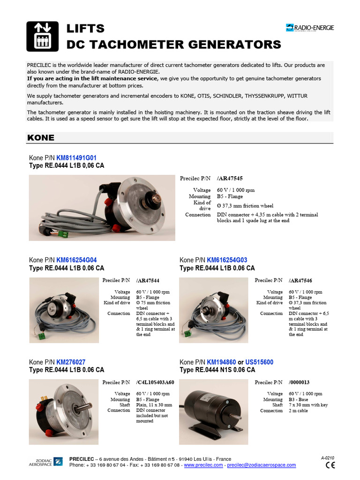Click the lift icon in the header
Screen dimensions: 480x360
coord(42,37)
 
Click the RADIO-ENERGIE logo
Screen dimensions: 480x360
coord(310,28)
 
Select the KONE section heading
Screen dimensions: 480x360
coord(41,138)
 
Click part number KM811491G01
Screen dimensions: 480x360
coord(76,158)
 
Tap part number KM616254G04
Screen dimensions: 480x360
coord(76,260)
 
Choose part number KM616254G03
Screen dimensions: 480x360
coord(227,260)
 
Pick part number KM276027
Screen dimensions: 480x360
coord(71,362)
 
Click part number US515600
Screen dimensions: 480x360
coord(259,362)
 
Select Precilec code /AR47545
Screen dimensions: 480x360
coord(230,179)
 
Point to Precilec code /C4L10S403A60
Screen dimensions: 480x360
coord(155,382)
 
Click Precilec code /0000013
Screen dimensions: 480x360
coord(299,382)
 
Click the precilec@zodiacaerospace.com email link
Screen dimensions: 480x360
coord(262,465)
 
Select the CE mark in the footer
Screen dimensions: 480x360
coord(330,465)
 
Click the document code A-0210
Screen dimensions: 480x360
coord(328,457)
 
